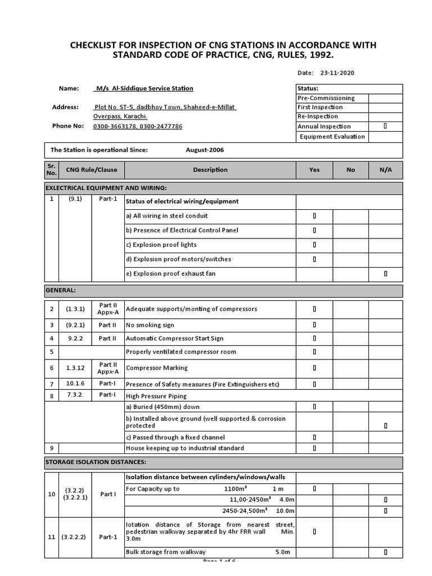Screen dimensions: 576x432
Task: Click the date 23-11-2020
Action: tap(337, 73)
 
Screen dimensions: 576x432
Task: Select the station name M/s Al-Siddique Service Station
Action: tap(144, 88)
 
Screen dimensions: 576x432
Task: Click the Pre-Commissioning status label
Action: tap(326, 98)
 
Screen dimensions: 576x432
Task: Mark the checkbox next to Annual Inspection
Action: tap(385, 127)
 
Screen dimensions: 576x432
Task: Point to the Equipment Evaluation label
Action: tap(332, 136)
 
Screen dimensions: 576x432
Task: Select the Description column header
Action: tap(210, 170)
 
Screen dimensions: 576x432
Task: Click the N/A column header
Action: tap(385, 170)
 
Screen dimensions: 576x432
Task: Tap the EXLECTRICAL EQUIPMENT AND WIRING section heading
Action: tap(106, 187)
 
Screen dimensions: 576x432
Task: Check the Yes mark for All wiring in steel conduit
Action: tap(314, 216)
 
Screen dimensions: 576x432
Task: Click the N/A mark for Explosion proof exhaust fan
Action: tap(385, 274)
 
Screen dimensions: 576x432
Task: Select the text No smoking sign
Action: tap(150, 325)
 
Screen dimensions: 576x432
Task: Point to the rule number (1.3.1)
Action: tap(75, 309)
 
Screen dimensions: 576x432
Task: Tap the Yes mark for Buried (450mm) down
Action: tap(314, 407)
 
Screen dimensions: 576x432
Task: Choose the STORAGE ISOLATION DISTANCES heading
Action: tap(96, 462)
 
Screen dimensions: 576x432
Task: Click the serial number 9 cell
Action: tap(51, 448)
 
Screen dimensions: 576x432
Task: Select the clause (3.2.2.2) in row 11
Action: tap(75, 537)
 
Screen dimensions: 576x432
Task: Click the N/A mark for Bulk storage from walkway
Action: tap(385, 552)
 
